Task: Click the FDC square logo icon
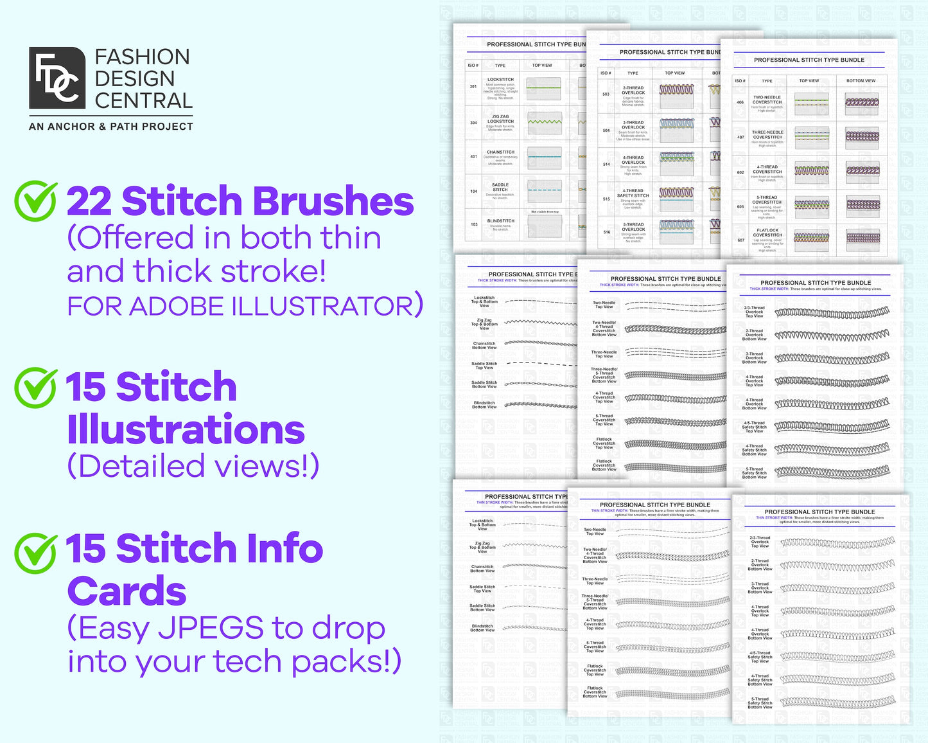click(57, 78)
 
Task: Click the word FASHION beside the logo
click(142, 57)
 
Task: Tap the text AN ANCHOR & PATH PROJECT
click(111, 127)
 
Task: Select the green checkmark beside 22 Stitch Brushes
click(36, 200)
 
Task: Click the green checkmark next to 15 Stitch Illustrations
click(36, 387)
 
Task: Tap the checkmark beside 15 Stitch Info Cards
click(36, 552)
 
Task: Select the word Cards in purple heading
click(127, 592)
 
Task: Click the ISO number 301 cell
click(473, 86)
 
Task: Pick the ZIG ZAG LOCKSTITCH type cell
click(500, 121)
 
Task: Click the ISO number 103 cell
click(474, 224)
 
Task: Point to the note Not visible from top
click(545, 211)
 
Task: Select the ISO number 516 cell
click(606, 232)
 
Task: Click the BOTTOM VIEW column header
click(861, 81)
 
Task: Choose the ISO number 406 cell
click(740, 102)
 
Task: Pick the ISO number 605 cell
click(740, 207)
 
